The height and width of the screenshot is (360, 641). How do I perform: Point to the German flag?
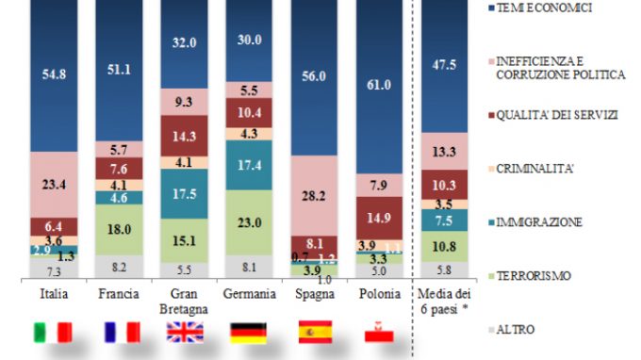(x=248, y=333)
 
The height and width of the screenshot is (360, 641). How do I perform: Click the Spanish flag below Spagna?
(x=316, y=333)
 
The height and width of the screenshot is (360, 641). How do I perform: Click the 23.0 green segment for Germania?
(x=248, y=224)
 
